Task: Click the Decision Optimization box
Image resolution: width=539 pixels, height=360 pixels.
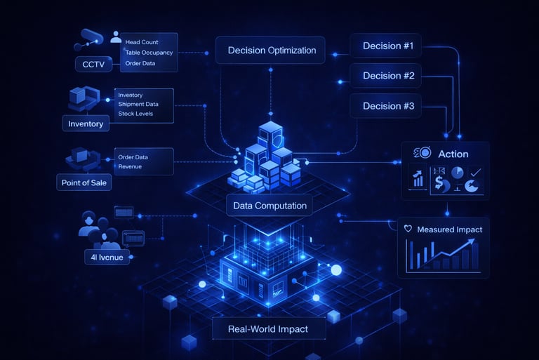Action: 272,50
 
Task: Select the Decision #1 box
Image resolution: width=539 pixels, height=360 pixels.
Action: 387,47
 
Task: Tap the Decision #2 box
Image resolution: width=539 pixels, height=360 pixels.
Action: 387,76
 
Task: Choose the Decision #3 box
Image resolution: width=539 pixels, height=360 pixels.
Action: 387,107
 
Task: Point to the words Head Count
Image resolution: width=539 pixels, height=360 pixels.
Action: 141,42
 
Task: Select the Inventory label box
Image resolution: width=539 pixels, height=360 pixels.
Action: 86,124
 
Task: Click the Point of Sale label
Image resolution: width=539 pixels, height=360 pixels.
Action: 84,183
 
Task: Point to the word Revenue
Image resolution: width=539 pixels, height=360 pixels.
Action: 130,166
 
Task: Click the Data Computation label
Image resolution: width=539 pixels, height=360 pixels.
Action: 270,206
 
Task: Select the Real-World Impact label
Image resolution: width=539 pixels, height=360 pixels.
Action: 267,329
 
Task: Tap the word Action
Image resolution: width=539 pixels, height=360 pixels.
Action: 453,154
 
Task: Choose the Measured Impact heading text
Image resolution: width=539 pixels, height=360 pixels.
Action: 449,229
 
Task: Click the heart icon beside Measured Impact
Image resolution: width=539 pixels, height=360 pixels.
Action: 408,229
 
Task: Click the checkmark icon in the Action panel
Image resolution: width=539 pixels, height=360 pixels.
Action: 476,171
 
